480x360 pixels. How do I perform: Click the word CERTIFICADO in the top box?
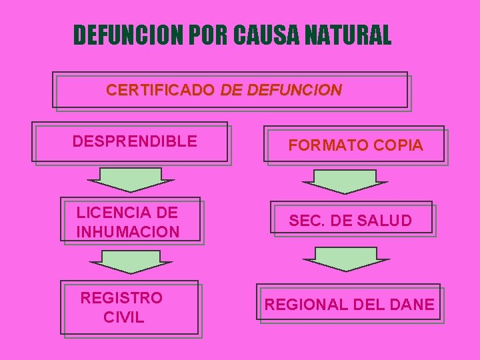[x=160, y=89]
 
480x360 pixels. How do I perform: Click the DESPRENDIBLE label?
[x=135, y=141]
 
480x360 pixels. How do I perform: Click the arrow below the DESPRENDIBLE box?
[x=131, y=180]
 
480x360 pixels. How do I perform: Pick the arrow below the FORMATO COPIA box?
[x=344, y=182]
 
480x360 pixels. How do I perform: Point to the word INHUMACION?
[x=128, y=232]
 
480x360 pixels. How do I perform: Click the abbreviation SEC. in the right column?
[x=305, y=221]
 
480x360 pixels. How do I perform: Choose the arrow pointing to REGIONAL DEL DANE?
[x=345, y=259]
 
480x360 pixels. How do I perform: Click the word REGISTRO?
[x=121, y=298]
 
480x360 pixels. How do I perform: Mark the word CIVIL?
[x=123, y=317]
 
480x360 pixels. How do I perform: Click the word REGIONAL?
[x=305, y=305]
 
